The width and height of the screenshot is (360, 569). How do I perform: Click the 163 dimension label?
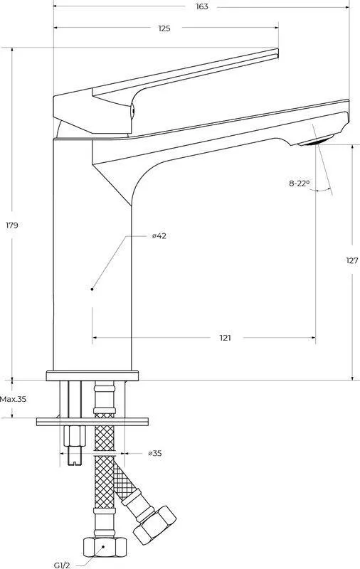coord(202,6)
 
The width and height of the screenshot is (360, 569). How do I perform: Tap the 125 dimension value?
coord(164,28)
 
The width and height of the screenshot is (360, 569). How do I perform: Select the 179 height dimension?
coord(11,225)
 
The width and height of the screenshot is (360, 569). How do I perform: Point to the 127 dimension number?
coord(351,260)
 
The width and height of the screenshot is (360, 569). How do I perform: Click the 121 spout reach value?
coord(225,338)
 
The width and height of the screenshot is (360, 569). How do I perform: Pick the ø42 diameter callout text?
coord(159,236)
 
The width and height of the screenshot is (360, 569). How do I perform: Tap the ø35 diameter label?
coord(155,453)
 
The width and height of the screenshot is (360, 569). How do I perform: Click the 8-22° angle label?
coord(299,184)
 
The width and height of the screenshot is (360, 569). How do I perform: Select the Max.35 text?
coord(13,399)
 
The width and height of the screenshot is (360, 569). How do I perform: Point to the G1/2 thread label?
coord(62,565)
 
